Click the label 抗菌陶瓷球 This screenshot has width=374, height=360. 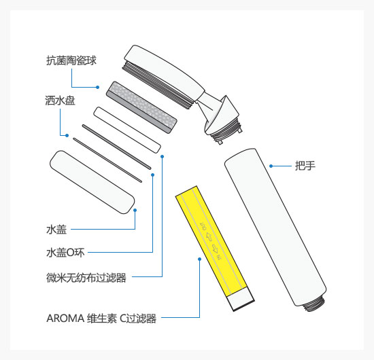(x=71, y=60)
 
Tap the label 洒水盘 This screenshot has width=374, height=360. (x=60, y=101)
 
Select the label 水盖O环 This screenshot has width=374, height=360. (x=65, y=253)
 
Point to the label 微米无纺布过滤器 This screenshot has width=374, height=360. (x=86, y=278)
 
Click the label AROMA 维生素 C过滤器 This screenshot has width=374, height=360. (x=101, y=319)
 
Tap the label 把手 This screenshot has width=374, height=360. (x=305, y=166)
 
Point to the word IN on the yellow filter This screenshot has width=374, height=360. (x=219, y=257)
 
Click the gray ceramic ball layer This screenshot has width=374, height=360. (x=141, y=107)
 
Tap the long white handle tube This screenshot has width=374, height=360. (x=275, y=227)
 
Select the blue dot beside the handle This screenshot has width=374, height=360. (x=271, y=166)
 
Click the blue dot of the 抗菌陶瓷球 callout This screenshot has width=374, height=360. (x=97, y=87)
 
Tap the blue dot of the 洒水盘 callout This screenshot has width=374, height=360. (x=67, y=135)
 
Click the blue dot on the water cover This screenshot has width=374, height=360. (x=135, y=210)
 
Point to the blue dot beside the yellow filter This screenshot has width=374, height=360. (x=200, y=259)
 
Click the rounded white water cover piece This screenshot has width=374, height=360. (x=92, y=182)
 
